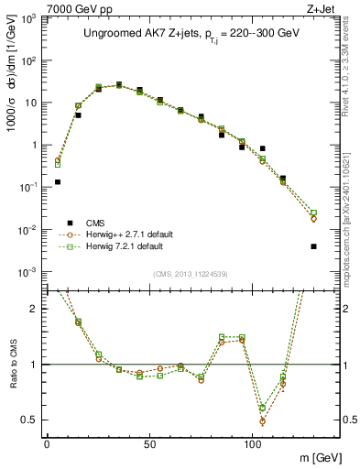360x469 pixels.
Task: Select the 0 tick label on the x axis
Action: (47, 443)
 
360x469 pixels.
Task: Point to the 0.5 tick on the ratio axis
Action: (30, 420)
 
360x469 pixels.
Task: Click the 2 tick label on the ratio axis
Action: (35, 309)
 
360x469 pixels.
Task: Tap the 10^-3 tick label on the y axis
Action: (28, 272)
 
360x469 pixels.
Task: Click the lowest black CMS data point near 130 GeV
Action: (314, 246)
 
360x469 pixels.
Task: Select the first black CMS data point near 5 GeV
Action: (58, 182)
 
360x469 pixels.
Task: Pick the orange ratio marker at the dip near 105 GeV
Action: (263, 421)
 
